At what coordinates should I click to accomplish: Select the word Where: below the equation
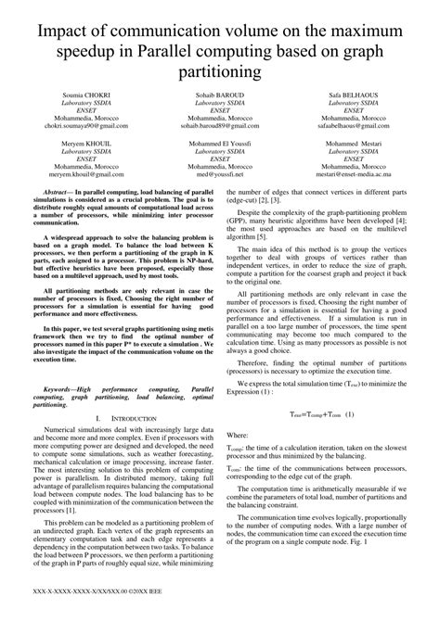[238, 434]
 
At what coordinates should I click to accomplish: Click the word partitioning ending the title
[220, 71]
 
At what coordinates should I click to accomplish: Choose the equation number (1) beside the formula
[350, 416]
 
